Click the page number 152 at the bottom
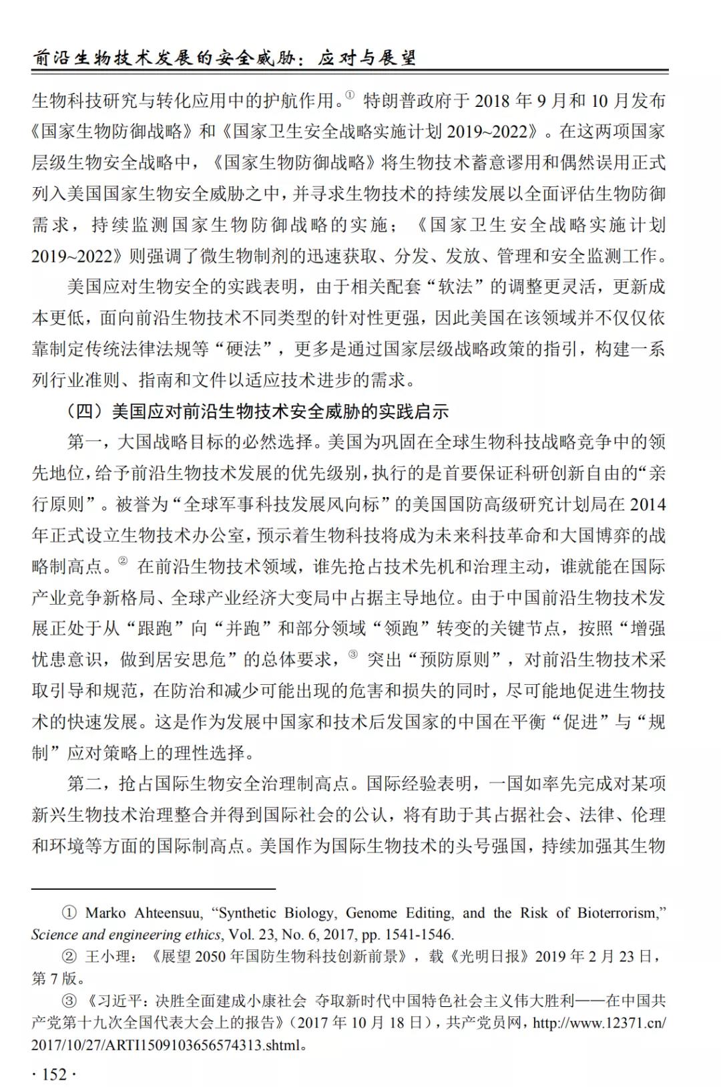point(54,1074)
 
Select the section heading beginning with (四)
point(257,411)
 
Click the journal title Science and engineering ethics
point(126,934)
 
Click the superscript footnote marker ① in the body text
point(350,96)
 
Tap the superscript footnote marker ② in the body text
point(123,561)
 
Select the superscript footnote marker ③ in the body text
point(353,655)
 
